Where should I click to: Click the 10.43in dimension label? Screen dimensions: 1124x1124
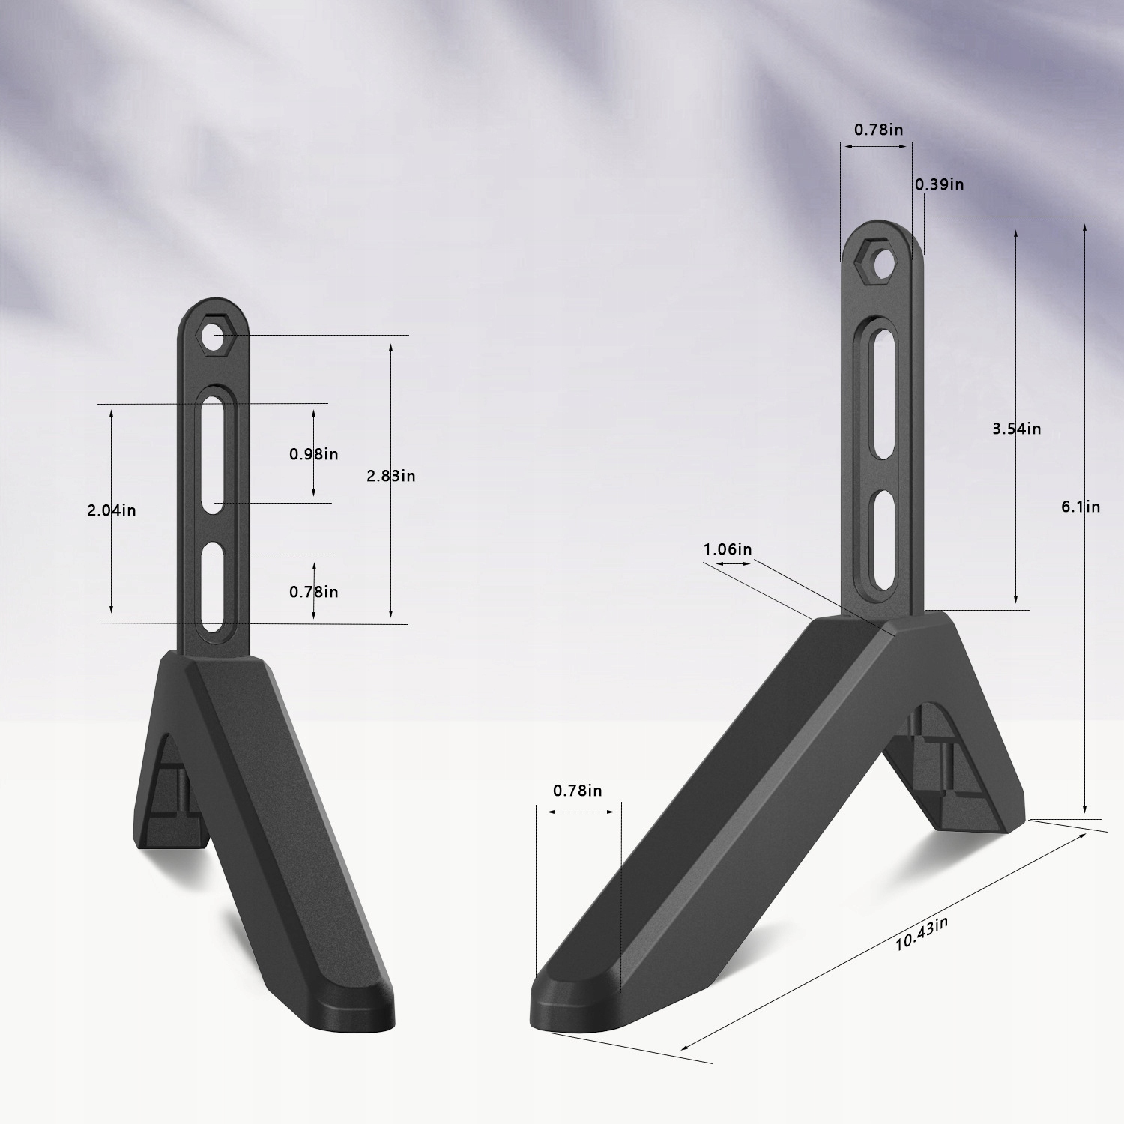tap(921, 934)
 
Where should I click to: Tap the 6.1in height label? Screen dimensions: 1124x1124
tap(1081, 507)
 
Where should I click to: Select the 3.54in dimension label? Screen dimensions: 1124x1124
tap(1017, 429)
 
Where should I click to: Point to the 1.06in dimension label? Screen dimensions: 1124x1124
tap(728, 549)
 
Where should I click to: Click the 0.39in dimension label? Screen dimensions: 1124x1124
tap(940, 184)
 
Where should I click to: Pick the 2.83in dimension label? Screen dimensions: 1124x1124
tap(391, 476)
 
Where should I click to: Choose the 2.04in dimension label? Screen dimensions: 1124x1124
tap(112, 510)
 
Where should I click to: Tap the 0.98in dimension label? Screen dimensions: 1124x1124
tap(314, 454)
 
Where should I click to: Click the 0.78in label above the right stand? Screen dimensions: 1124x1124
tap(879, 130)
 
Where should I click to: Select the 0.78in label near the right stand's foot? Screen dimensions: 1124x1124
tap(578, 791)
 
